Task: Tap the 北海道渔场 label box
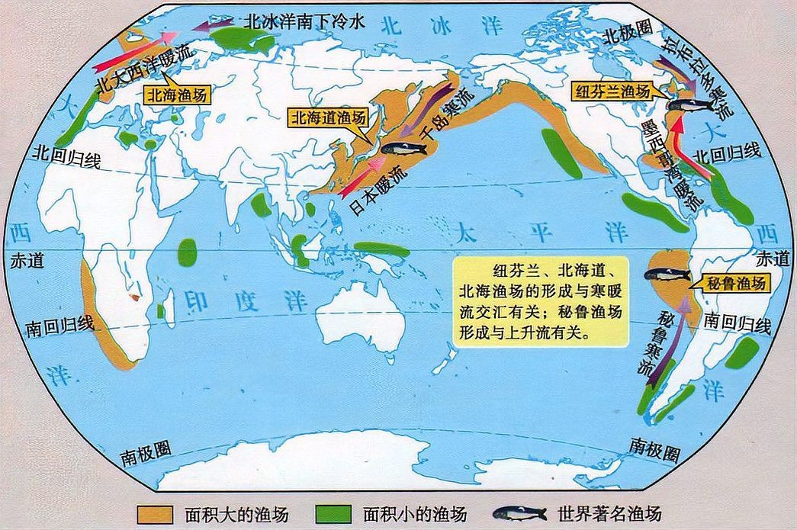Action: pyautogui.click(x=327, y=118)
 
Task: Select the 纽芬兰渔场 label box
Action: pyautogui.click(x=614, y=92)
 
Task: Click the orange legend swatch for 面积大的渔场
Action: pyautogui.click(x=156, y=512)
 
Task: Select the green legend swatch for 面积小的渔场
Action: pyautogui.click(x=333, y=512)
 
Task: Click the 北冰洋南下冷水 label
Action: pyautogui.click(x=304, y=22)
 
